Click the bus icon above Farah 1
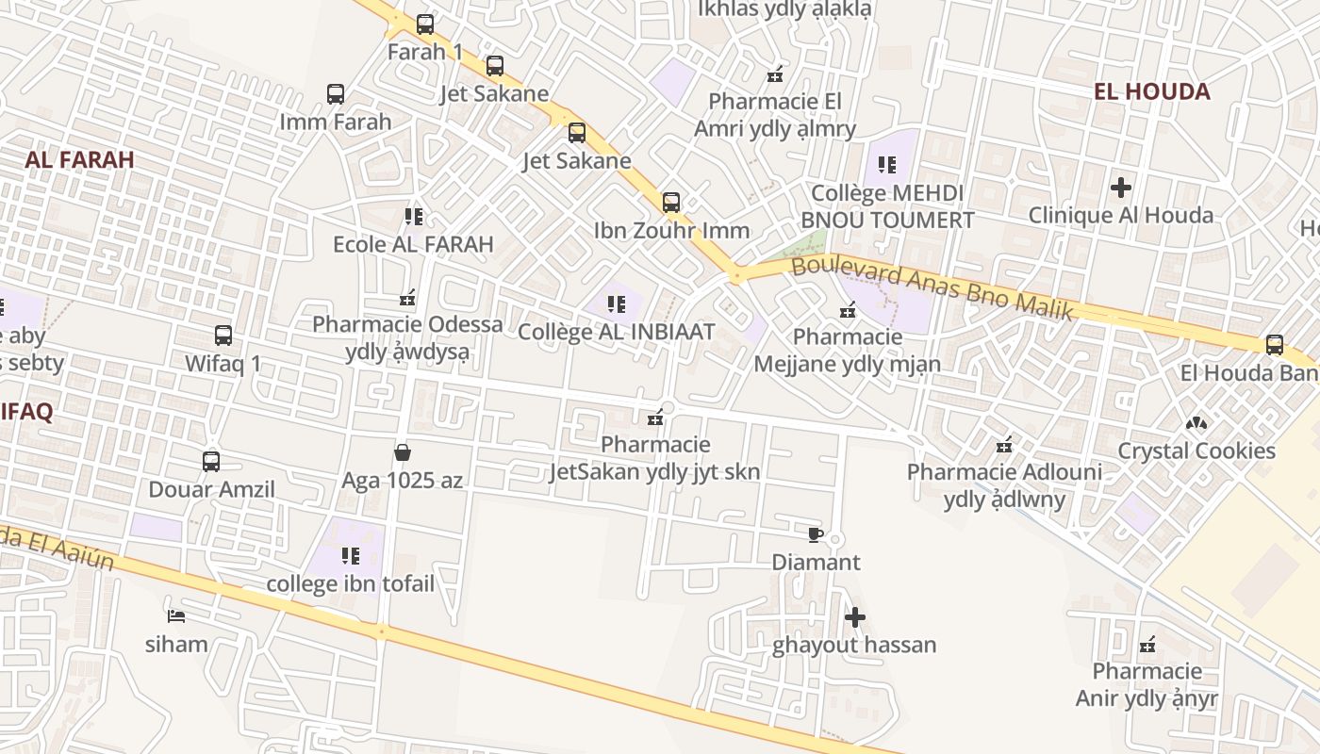click(425, 25)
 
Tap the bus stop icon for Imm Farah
click(336, 94)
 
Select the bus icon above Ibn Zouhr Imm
click(671, 203)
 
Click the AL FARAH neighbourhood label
click(80, 159)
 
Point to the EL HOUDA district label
click(1151, 91)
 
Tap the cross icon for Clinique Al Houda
click(1120, 188)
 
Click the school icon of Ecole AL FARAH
click(413, 217)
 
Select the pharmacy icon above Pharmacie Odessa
click(407, 298)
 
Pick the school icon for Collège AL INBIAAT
click(617, 304)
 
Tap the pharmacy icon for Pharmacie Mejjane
click(848, 309)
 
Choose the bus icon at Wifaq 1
click(223, 336)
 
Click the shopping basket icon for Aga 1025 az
click(403, 452)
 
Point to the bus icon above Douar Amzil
click(211, 462)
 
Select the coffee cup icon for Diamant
click(816, 535)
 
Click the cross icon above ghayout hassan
click(855, 618)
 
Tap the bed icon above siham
click(175, 616)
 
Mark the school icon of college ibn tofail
click(351, 556)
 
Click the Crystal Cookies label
click(1196, 451)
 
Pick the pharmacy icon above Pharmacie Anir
click(1147, 645)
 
